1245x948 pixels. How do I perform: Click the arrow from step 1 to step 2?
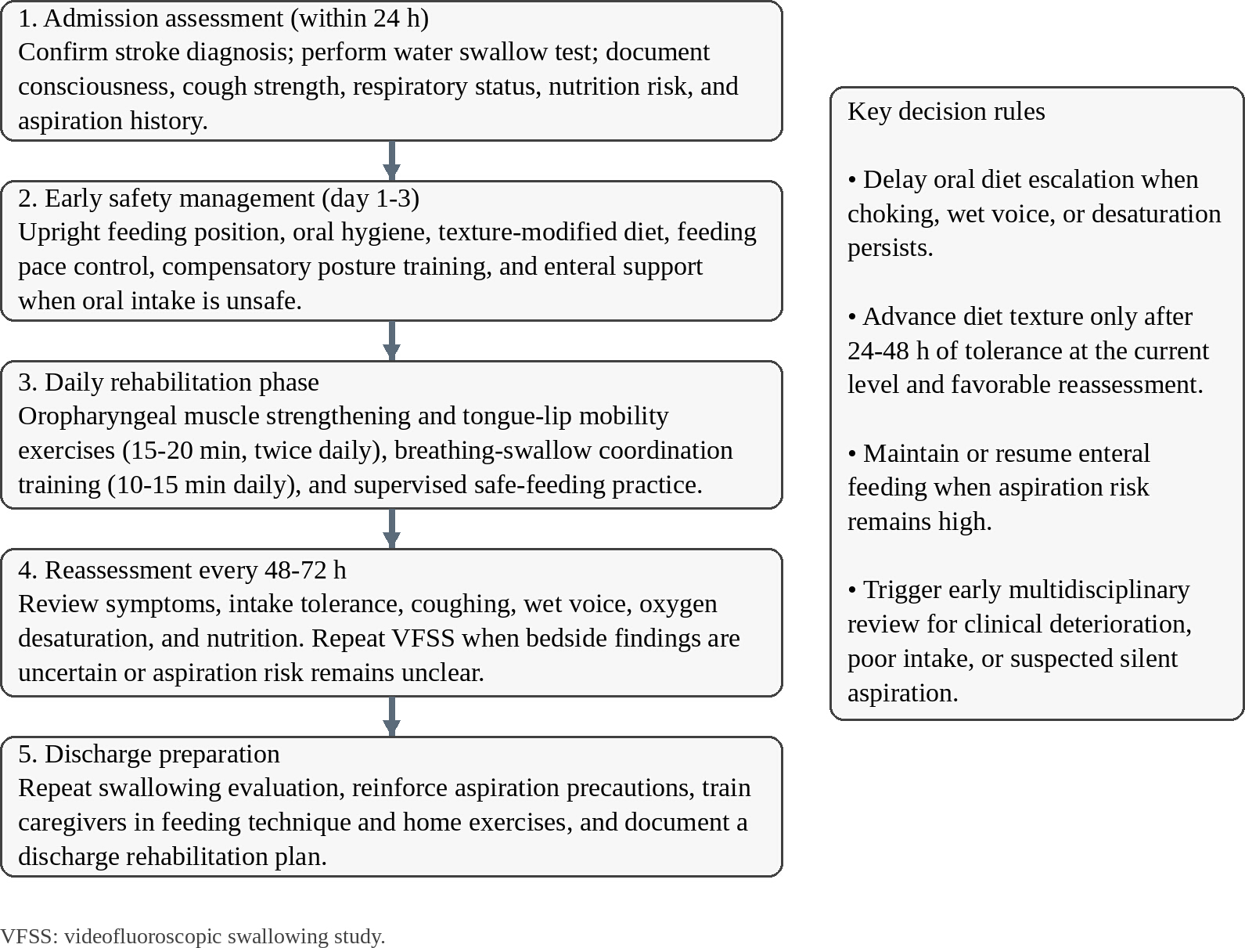391,160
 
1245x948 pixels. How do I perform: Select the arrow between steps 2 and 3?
391,341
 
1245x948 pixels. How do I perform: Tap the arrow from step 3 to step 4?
391,528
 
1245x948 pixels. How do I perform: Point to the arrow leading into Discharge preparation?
391,716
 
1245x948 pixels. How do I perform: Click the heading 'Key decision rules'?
945,112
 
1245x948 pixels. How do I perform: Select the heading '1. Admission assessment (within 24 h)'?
224,19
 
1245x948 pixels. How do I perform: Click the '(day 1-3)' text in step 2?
370,199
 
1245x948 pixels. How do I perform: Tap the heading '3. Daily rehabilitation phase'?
168,382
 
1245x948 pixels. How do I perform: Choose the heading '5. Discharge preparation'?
149,755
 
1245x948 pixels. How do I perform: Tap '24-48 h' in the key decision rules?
888,351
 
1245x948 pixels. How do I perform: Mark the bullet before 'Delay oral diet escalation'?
852,180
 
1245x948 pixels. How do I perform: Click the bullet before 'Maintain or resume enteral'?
852,454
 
